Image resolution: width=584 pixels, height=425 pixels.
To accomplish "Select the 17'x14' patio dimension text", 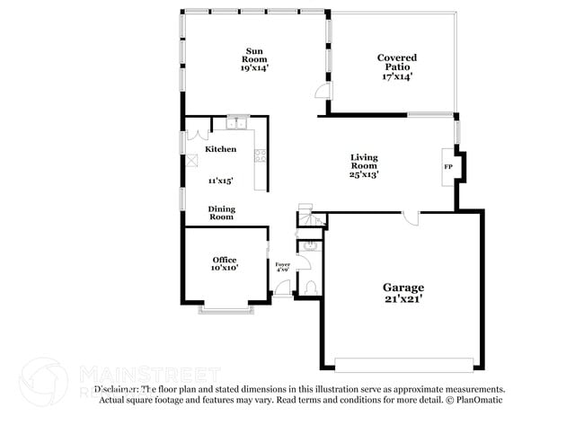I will point(396,76).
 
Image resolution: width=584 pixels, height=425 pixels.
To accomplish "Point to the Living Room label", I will point(364,161).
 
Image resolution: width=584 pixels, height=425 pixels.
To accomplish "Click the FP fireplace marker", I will point(447,167).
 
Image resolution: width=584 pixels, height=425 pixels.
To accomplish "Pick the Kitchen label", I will point(221,149).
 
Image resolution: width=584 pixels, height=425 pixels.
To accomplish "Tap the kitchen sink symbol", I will point(237,124).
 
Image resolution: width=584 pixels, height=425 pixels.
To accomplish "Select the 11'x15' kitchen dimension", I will point(221,181).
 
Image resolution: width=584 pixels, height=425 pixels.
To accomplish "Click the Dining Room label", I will point(221,212).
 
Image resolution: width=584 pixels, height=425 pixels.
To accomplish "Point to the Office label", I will point(225,260).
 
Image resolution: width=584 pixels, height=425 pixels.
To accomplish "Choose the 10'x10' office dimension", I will point(225,268).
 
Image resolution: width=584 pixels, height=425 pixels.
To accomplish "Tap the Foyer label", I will point(282,264).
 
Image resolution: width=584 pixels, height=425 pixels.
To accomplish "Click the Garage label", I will point(403,288).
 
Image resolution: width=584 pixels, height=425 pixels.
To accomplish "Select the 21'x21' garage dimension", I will point(403,299).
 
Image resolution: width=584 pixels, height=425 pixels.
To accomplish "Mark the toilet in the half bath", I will point(310,287).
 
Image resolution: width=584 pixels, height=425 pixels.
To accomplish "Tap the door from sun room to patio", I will point(323,91).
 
